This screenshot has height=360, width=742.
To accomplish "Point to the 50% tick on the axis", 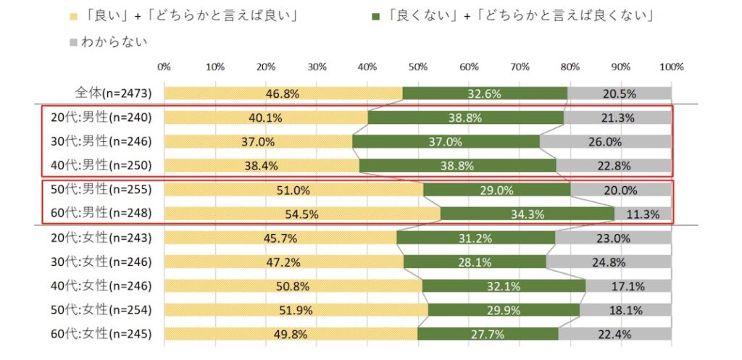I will click(418, 67).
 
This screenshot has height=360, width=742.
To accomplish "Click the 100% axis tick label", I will click(671, 67).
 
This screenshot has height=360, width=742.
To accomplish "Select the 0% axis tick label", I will click(164, 67).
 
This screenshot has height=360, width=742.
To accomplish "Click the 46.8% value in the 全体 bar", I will click(283, 93).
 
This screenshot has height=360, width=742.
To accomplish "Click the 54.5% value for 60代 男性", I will click(302, 214).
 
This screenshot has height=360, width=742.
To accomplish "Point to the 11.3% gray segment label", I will click(643, 214).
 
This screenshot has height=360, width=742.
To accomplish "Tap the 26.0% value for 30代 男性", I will click(606, 141).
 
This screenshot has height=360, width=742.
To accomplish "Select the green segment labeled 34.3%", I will click(528, 214).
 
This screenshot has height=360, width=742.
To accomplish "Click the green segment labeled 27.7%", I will click(487, 334).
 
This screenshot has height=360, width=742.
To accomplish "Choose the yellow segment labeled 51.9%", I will click(296, 310).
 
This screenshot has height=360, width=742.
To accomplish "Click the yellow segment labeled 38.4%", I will click(261, 165).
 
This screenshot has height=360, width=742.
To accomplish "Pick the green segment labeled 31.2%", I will click(475, 238).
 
